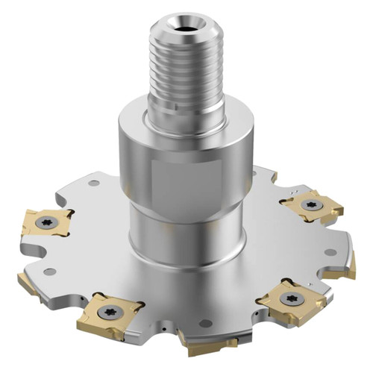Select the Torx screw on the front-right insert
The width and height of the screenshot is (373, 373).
[290, 298]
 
